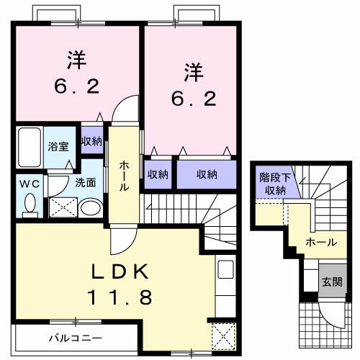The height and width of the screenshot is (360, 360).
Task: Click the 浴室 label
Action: pyautogui.click(x=58, y=146)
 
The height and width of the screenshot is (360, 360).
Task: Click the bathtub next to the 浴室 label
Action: pyautogui.click(x=29, y=147)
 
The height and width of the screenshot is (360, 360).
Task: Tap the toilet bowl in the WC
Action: pyautogui.click(x=30, y=205)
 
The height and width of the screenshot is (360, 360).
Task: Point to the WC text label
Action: pyautogui.click(x=29, y=183)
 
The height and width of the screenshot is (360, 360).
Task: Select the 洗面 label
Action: pyautogui.click(x=86, y=183)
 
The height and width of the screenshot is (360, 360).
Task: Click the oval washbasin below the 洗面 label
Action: pyautogui.click(x=90, y=208)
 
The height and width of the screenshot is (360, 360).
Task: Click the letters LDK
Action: pyautogui.click(x=119, y=271)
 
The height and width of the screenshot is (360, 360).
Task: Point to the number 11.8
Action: pyautogui.click(x=119, y=297)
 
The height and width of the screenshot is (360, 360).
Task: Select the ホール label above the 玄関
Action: pyautogui.click(x=320, y=243)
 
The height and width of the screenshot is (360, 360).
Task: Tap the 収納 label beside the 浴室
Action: pyautogui.click(x=91, y=141)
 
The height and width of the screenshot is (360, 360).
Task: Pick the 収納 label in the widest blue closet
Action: pyautogui.click(x=206, y=174)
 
